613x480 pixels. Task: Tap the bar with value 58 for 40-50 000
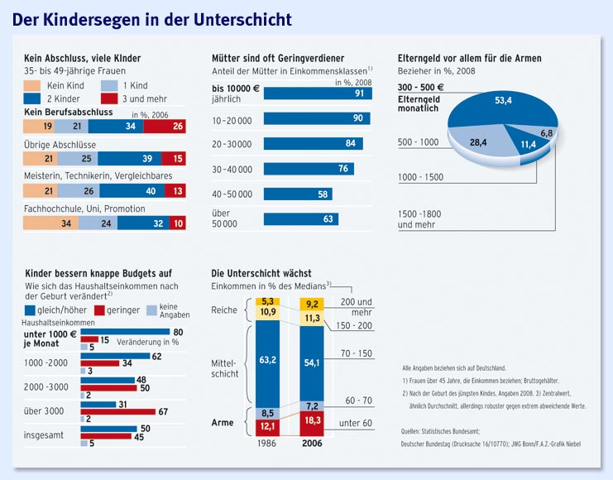coord(298,194)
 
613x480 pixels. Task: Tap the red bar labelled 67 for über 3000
coord(117,411)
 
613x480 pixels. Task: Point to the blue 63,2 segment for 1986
coord(267,361)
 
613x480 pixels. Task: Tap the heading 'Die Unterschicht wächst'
coord(261,272)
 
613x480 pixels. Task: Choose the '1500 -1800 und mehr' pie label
coord(419,219)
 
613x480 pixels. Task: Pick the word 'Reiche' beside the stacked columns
coord(223,311)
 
